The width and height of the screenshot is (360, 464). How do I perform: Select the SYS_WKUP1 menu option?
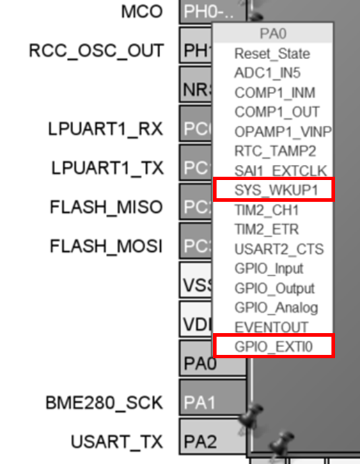point(273,190)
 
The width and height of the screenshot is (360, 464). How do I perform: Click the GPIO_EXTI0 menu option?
point(273,346)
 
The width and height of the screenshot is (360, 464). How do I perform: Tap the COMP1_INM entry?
point(274,93)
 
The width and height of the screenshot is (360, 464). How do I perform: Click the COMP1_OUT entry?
point(276,112)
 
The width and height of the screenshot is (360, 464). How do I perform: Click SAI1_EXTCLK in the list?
point(280,170)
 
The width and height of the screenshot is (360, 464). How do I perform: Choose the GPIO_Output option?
point(274,288)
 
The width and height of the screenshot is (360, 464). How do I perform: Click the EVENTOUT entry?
point(270,327)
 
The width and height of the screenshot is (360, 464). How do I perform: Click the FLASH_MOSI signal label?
point(106,246)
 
